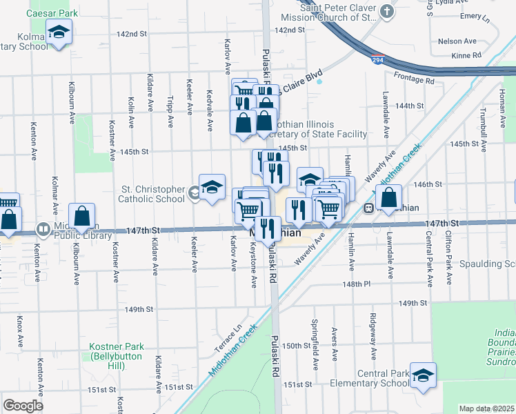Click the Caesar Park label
click(x=52, y=13)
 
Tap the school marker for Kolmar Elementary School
click(x=59, y=32)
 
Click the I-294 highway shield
click(x=377, y=61)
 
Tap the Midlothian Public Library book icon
click(x=43, y=228)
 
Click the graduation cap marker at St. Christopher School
click(x=212, y=186)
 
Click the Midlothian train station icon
click(x=370, y=207)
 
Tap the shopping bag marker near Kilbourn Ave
click(x=82, y=216)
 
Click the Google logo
click(x=23, y=405)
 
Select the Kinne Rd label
click(x=466, y=55)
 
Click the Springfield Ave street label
click(x=315, y=351)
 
